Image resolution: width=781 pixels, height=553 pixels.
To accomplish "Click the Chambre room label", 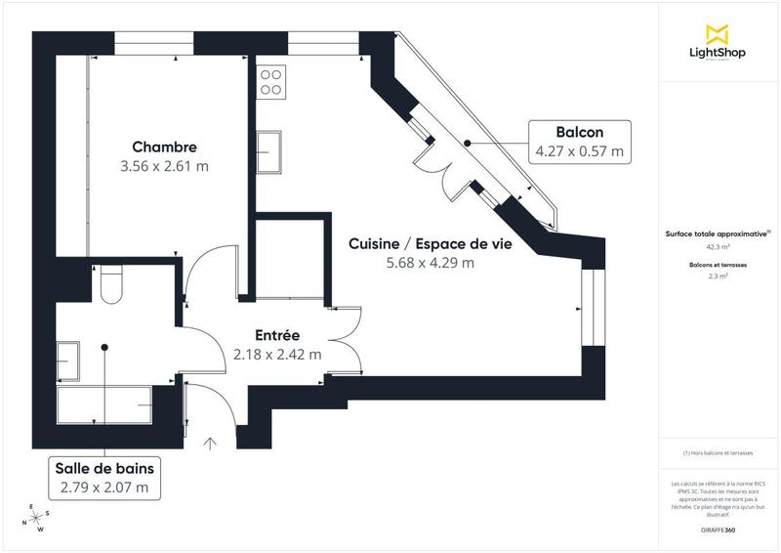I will [165, 148].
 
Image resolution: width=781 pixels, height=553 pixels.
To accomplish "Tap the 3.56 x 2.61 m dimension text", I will [165, 166].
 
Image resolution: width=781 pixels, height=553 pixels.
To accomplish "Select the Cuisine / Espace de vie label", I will [431, 244].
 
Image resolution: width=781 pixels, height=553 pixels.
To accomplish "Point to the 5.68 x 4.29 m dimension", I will [431, 262].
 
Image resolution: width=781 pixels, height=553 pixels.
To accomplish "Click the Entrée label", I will [277, 335].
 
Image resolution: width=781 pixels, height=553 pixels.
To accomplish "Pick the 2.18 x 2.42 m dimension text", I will [277, 355].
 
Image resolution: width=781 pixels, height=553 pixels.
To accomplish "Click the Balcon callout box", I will [579, 142].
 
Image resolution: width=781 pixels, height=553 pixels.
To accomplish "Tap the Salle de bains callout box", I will [104, 477].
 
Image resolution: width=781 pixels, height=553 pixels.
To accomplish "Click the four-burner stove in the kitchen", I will [271, 81].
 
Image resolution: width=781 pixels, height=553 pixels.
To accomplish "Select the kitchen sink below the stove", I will [269, 150].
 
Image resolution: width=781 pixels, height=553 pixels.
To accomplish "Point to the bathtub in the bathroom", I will [105, 403].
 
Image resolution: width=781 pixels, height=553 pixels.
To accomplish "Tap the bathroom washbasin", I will [68, 359].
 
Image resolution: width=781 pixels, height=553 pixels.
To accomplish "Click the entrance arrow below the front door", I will [210, 444].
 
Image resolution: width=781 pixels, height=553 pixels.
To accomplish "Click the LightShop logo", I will [719, 44].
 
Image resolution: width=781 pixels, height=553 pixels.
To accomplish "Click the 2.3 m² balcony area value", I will [719, 276].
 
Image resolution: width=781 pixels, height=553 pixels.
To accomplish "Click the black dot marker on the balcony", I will [467, 143].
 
